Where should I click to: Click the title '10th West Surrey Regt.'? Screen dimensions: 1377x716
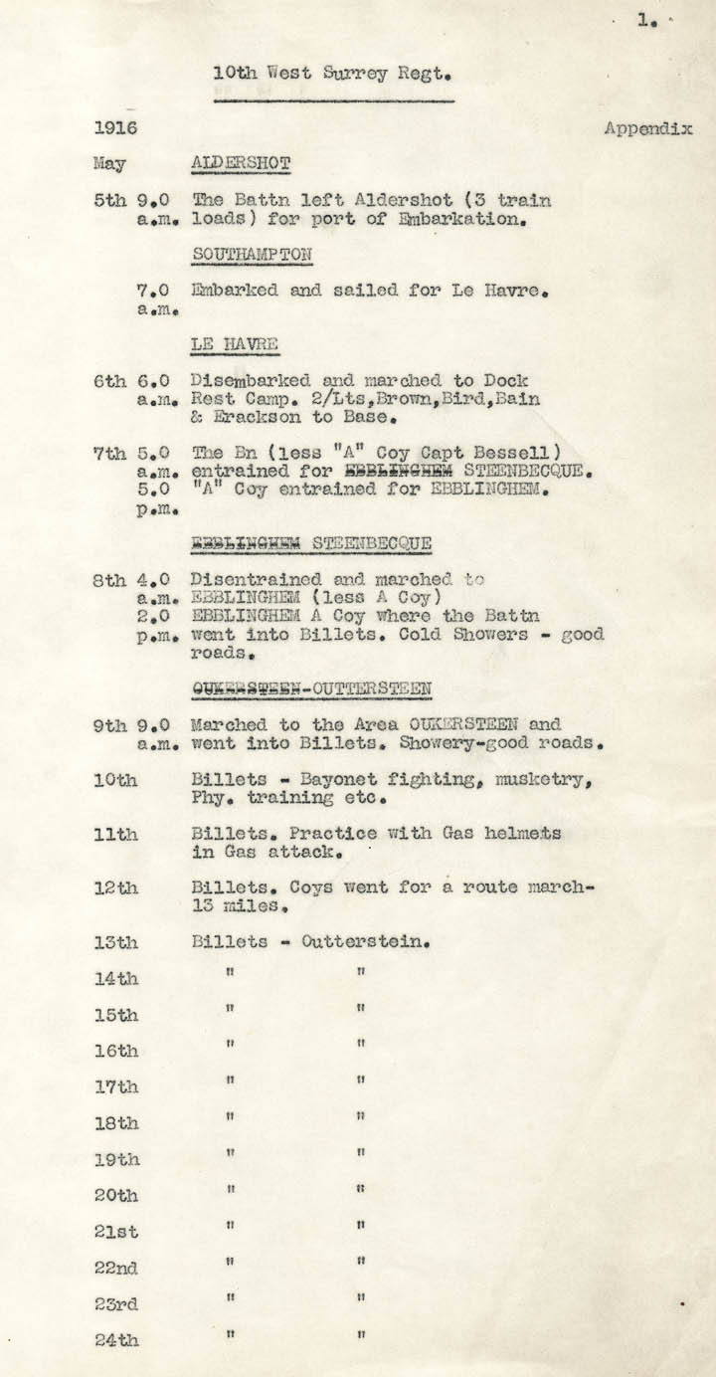point(333,74)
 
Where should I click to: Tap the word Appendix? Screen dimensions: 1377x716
point(647,129)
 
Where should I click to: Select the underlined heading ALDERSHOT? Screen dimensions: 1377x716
point(241,163)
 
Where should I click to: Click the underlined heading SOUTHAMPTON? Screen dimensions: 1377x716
point(253,255)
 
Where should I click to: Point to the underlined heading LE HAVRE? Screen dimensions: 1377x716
point(235,345)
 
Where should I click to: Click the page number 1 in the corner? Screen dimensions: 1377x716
point(644,19)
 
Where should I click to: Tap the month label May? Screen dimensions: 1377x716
point(109,163)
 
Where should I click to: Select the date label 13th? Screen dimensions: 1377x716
point(115,943)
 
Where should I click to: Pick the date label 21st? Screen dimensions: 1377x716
point(115,1232)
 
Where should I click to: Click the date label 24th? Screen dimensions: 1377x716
point(116,1340)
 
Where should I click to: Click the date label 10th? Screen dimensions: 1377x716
point(115,782)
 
